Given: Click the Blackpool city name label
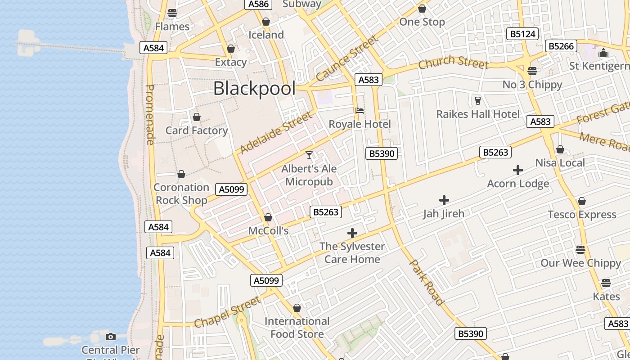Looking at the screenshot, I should point(254,89).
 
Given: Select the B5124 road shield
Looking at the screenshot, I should point(522,34).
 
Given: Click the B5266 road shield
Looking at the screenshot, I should point(561,46).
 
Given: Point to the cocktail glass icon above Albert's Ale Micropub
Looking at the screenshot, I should point(309,155).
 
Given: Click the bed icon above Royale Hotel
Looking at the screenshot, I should point(359,111).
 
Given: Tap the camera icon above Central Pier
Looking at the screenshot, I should point(110,337).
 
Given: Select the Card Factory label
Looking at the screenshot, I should point(197,130).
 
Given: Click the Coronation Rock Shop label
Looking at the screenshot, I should point(181,193).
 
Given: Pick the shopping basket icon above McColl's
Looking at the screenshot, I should point(268,217).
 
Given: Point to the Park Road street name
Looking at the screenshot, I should point(427,283).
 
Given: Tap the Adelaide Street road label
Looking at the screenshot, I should point(276,133).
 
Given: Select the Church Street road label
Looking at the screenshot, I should point(453,63).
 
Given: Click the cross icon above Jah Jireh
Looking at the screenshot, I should point(444,200).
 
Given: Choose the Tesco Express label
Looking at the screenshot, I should point(582,215).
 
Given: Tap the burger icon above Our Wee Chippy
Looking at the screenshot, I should point(580,249).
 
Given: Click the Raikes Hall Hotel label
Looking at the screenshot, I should point(478,114).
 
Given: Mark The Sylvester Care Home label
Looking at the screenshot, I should point(352,252).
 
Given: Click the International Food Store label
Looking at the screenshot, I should point(297,327).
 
